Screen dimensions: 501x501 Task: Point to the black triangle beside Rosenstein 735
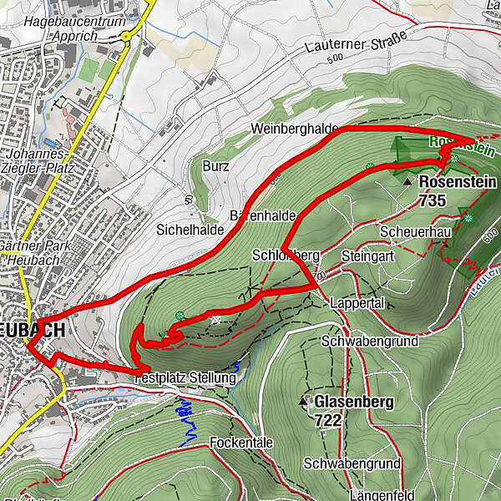[x=407, y=181]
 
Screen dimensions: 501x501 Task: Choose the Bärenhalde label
[x=269, y=215]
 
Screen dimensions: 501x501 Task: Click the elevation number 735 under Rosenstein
[x=434, y=200]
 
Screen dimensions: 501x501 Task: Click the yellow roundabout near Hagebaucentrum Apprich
[x=125, y=36]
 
